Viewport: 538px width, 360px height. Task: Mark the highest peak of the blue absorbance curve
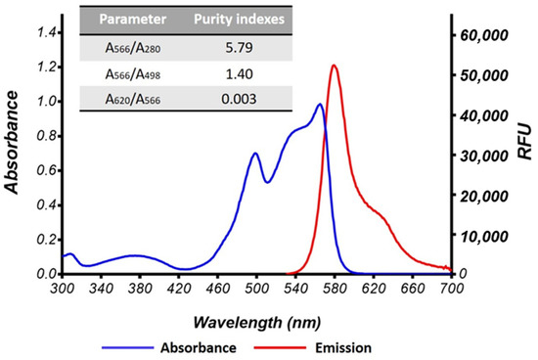click(x=320, y=105)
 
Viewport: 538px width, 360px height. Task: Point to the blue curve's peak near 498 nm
click(x=255, y=154)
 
